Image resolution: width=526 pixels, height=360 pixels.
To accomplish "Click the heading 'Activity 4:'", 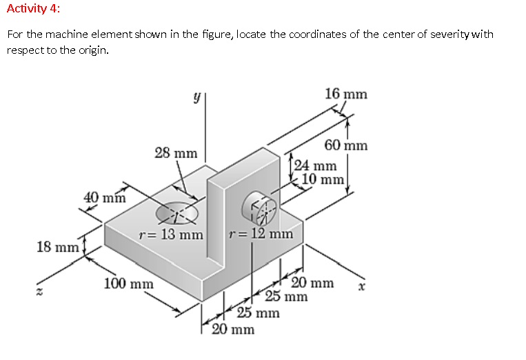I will pos(32,9).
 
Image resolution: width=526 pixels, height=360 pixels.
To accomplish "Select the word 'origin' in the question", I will pos(94,50).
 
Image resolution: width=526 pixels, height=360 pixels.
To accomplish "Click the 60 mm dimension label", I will pos(346,146).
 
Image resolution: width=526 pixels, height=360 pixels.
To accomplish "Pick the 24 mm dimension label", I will pos(316,166).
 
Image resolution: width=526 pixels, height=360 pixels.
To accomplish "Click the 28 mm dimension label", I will pos(175,152).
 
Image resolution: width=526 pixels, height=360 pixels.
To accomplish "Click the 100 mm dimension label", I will pos(128,283).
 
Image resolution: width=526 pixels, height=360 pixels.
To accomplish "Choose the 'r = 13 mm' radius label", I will pos(171,234).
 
